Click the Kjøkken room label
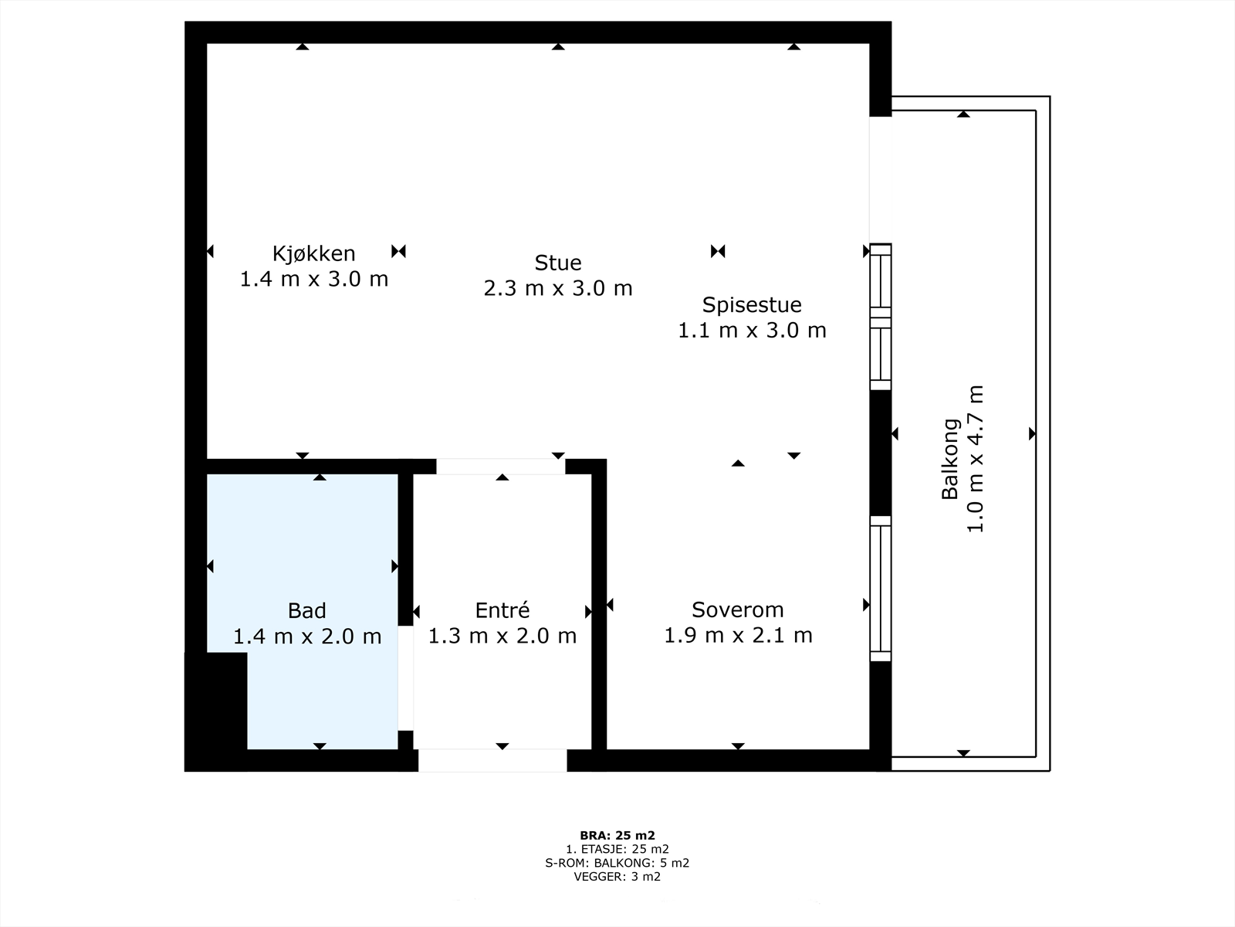click(314, 254)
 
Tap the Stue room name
click(557, 263)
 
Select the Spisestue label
click(752, 305)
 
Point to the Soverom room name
click(738, 610)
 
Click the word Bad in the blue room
click(306, 611)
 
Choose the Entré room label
click(502, 610)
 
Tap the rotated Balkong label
click(950, 459)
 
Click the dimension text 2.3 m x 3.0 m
click(557, 288)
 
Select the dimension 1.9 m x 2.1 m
click(738, 636)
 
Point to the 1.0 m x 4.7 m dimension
click(976, 459)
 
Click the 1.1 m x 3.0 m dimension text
click(752, 331)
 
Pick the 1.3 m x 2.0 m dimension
click(502, 636)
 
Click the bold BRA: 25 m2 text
click(617, 836)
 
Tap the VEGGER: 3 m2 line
click(617, 876)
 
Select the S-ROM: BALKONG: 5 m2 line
click(617, 863)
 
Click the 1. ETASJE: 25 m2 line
click(617, 849)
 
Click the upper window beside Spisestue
click(881, 317)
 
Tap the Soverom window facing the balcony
click(881, 589)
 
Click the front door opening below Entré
click(492, 760)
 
